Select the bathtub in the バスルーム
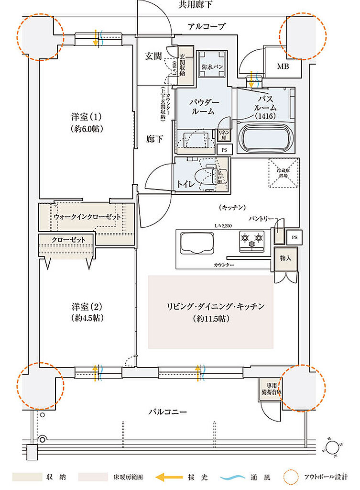(x=264, y=138)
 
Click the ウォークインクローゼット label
(x=87, y=217)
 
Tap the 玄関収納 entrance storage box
(x=185, y=63)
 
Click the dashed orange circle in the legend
(x=289, y=477)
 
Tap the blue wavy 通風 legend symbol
(x=233, y=477)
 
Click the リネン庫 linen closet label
(x=223, y=135)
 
